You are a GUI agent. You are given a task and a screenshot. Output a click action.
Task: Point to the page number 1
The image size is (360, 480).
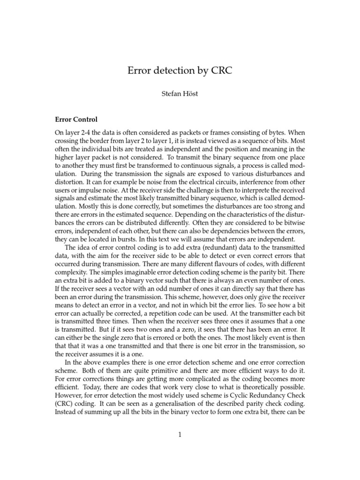[x=180, y=435]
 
